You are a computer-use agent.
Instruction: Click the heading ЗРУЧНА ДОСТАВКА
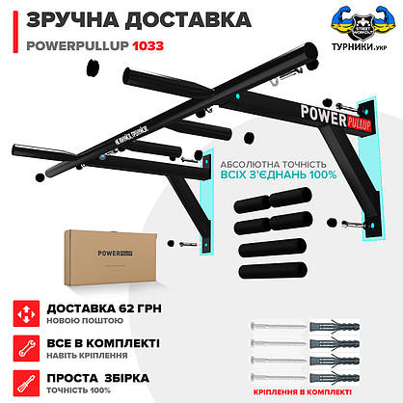124,19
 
